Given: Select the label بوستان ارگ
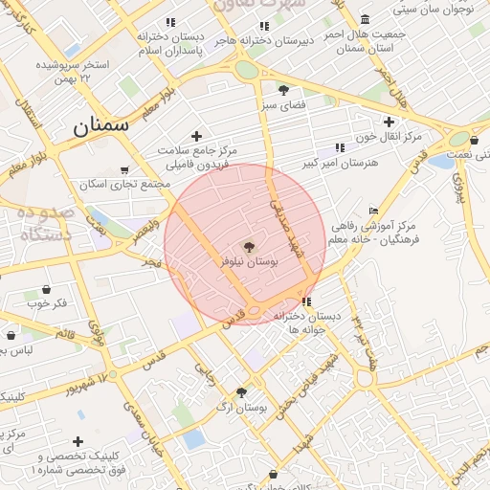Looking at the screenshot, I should tap(242, 408).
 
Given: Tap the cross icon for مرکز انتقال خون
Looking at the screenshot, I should tap(389, 122).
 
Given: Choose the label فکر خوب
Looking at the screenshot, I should tap(47, 303).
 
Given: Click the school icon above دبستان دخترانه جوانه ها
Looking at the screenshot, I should tap(305, 301).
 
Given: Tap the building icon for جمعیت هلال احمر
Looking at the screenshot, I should tap(365, 19).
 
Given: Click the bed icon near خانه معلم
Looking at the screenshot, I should tap(373, 212).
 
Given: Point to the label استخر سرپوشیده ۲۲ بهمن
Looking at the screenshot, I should tap(72, 71).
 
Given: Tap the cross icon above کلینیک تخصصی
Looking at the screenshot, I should tap(78, 441).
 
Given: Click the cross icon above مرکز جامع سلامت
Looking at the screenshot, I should tap(197, 136).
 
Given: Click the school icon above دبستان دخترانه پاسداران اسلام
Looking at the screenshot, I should tap(170, 22).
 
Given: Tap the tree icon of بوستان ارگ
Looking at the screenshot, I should tap(241, 392).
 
